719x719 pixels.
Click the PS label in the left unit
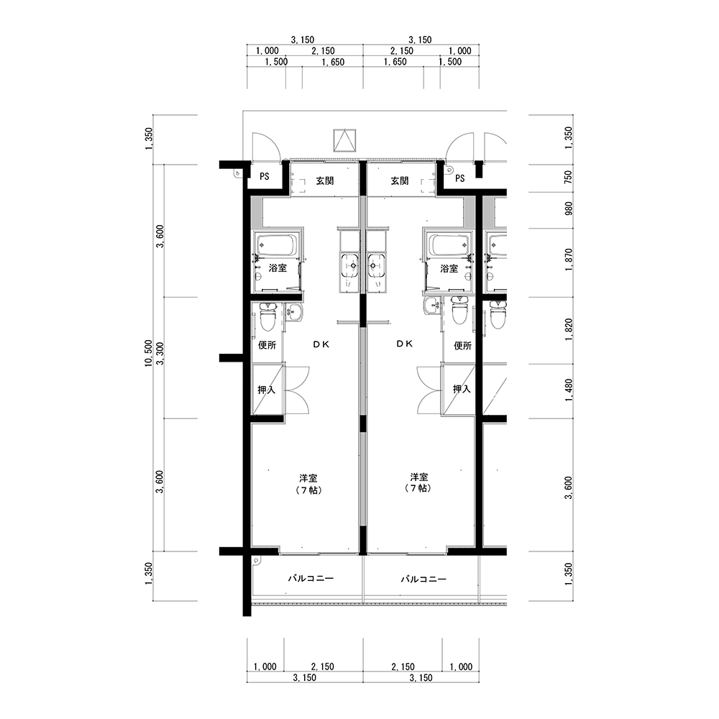click(x=265, y=177)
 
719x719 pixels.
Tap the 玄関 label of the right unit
click(x=399, y=180)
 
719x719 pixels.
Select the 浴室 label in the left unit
click(x=278, y=268)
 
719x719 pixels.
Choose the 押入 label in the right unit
click(x=462, y=389)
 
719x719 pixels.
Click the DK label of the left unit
click(x=321, y=344)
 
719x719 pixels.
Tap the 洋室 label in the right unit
click(x=420, y=477)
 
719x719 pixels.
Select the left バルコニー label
click(x=311, y=578)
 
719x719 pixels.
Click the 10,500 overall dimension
click(x=148, y=353)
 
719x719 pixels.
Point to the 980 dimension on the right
click(x=569, y=209)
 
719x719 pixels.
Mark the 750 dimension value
click(x=569, y=177)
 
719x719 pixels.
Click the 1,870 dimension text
click(x=569, y=259)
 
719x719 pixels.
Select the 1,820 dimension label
click(x=569, y=329)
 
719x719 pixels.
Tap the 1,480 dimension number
click(x=569, y=390)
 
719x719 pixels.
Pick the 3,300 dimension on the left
click(x=160, y=354)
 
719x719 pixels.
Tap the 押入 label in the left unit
click(x=267, y=390)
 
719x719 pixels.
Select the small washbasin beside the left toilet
click(x=292, y=313)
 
